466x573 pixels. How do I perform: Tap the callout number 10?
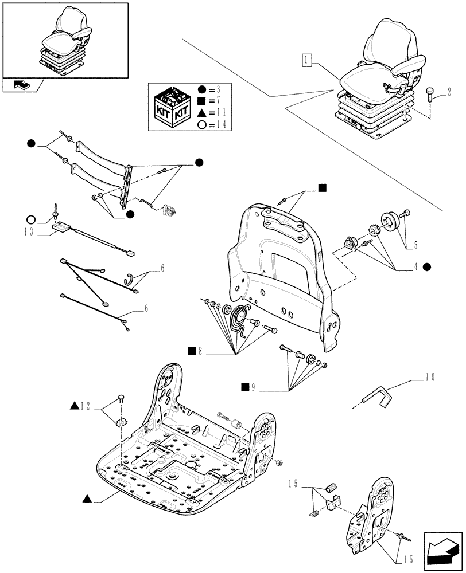pos(430,377)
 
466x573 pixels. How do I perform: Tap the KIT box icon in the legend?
pos(170,107)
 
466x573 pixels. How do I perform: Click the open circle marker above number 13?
pos(32,219)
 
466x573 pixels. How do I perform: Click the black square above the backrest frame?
pos(323,187)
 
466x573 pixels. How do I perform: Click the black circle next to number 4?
pos(427,266)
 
